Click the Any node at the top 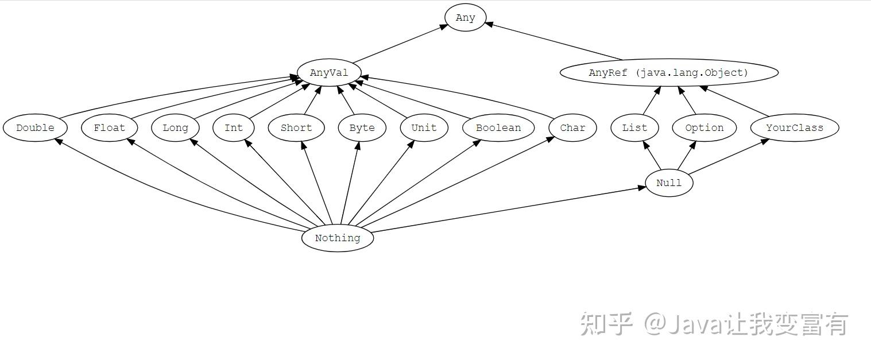coord(466,17)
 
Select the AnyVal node coord(329,73)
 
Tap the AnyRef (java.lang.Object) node coord(669,73)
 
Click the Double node coord(35,127)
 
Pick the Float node coord(109,127)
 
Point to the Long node coord(175,127)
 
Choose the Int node coord(233,127)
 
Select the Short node coord(296,127)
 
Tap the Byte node coord(362,127)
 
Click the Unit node coord(424,127)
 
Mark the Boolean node coord(498,127)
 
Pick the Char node coord(572,127)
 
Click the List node coord(634,127)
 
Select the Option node coord(704,127)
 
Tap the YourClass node coord(795,127)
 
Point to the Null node coord(669,183)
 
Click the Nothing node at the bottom coord(338,238)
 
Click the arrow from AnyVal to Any coord(401,44)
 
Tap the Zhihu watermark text coord(714,324)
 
